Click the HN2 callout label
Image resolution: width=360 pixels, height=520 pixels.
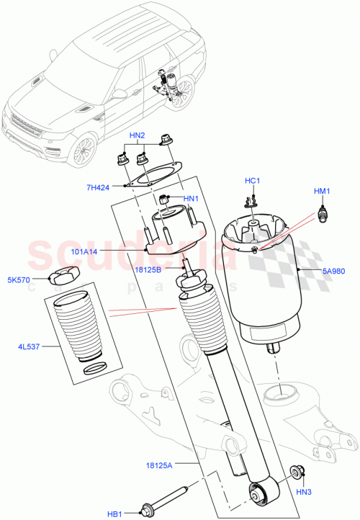pos(137,135)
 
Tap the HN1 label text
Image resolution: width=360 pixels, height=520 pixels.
pos(190,200)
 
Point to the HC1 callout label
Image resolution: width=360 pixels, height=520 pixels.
pos(251,181)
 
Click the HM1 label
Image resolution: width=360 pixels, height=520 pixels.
pos(321,192)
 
